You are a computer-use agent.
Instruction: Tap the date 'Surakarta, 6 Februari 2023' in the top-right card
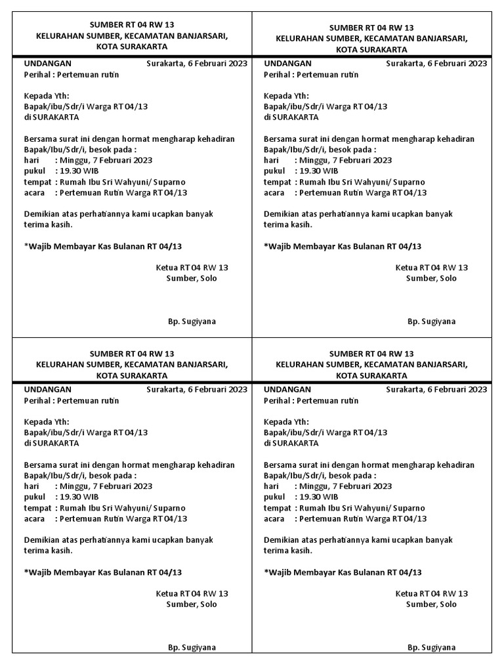pyautogui.click(x=437, y=64)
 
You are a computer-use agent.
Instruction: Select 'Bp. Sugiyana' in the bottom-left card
pyautogui.click(x=192, y=648)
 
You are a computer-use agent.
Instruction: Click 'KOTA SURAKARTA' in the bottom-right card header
pyautogui.click(x=371, y=375)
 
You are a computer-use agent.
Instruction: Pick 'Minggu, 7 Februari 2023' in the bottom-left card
pyautogui.click(x=106, y=486)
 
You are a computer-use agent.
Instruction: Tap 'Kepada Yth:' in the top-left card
pyautogui.click(x=47, y=95)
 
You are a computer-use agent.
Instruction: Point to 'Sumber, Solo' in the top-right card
pyautogui.click(x=431, y=278)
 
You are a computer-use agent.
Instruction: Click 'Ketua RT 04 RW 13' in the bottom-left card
pyautogui.click(x=192, y=593)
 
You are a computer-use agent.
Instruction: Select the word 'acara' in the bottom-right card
pyautogui.click(x=274, y=518)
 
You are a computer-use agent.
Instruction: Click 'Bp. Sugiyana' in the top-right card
pyautogui.click(x=432, y=322)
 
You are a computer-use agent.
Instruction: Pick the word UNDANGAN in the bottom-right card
pyautogui.click(x=287, y=390)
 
